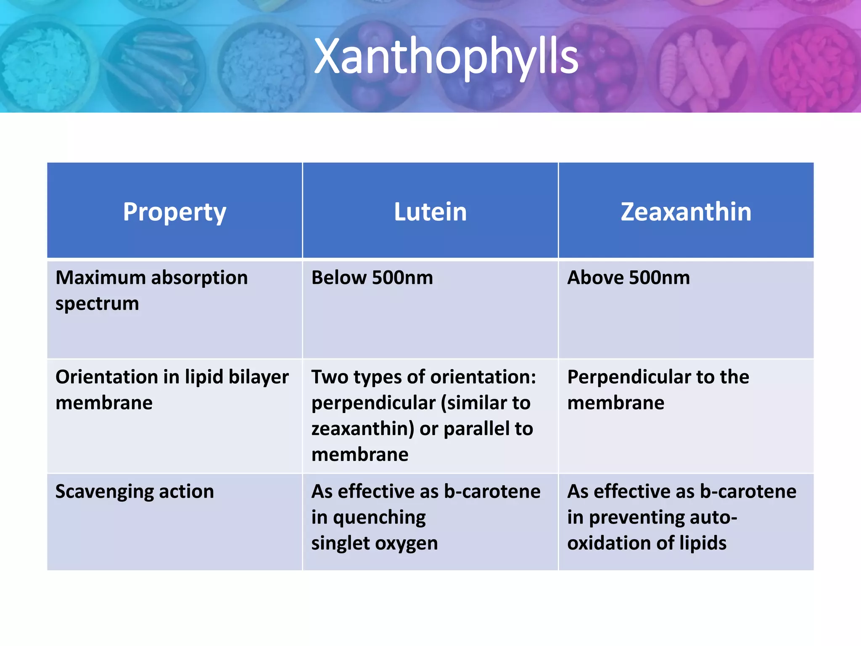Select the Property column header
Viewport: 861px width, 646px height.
174,212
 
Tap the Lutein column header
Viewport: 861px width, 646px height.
430,212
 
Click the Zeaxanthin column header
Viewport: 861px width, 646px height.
686,212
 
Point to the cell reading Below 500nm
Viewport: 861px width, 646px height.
372,278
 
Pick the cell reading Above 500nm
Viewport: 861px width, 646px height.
629,278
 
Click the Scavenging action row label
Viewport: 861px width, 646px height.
135,492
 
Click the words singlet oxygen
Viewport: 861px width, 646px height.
374,543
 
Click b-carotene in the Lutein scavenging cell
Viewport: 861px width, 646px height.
492,492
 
